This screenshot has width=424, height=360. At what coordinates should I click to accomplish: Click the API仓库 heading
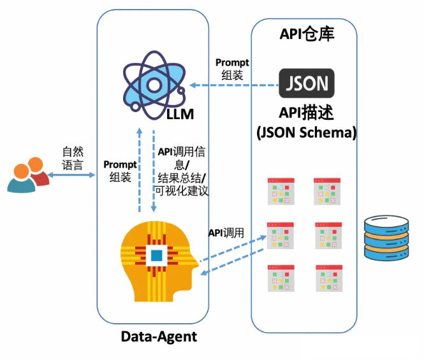[307, 34]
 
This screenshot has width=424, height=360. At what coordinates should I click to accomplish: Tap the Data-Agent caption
[159, 337]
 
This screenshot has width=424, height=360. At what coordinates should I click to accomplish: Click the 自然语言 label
[72, 159]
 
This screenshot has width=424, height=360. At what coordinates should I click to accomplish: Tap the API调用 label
[226, 233]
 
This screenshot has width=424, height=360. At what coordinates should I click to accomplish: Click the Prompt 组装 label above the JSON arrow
[232, 68]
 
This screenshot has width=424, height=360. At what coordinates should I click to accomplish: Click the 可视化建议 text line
[182, 191]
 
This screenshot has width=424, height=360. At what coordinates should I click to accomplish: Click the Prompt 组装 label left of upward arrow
[119, 171]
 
